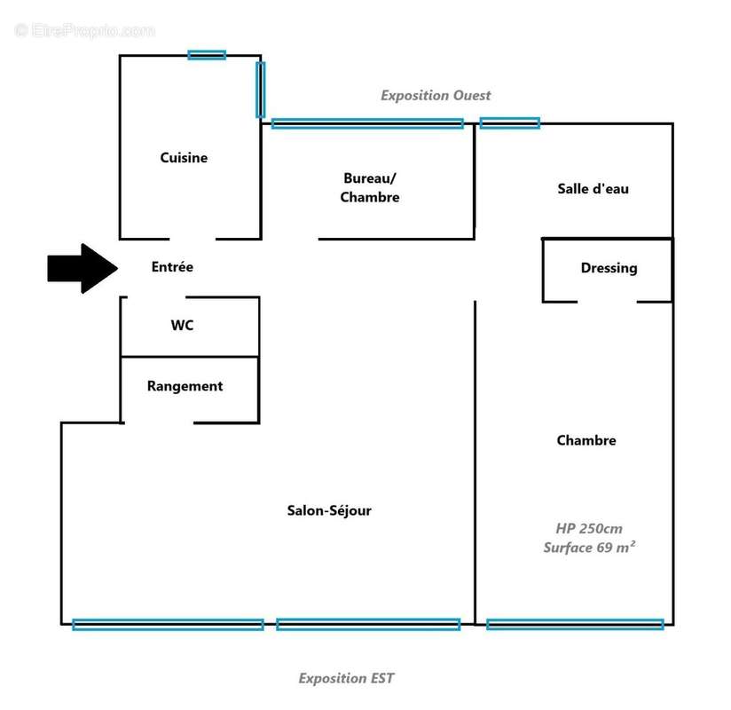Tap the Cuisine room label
pos(184,158)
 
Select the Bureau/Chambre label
pos(369,187)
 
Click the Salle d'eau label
pos(593,188)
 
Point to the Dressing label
pos(609,268)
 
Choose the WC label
pos(182,326)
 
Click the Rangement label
pos(185,386)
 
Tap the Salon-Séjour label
pos(329,510)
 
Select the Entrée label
pos(172,266)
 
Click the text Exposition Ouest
pos(436,95)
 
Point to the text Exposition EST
pos(346,678)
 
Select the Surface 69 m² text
pos(589,548)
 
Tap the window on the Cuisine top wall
pos(207,55)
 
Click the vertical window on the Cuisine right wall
pos(260,90)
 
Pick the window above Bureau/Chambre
pos(367,123)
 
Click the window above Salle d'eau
pos(509,123)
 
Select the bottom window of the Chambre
pos(575,625)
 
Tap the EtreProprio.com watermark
pos(85,31)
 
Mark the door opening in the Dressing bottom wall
pos(607,303)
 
